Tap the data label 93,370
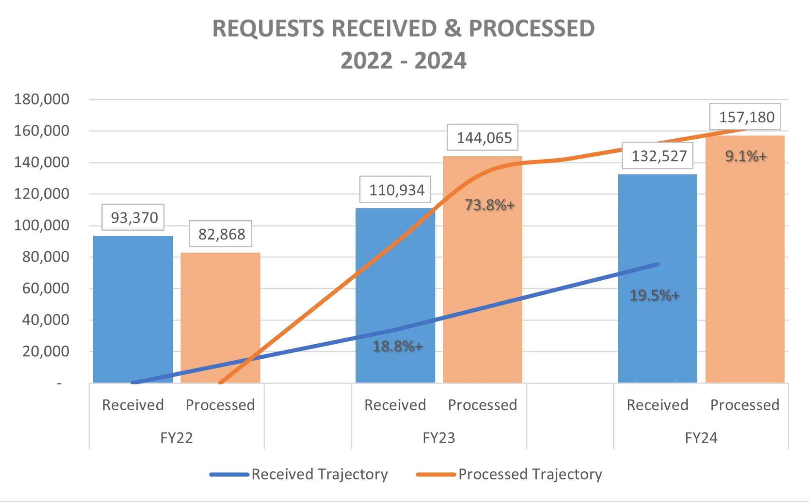[x=133, y=218]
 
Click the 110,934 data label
[x=396, y=190]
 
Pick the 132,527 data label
[x=659, y=156]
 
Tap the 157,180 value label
[x=746, y=117]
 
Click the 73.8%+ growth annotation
[x=489, y=205]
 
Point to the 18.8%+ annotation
[x=397, y=346]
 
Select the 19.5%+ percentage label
[x=654, y=295]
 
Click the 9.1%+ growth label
[x=745, y=156]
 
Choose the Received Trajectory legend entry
[x=299, y=474]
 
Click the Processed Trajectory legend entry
[x=509, y=474]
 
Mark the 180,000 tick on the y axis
[x=42, y=99]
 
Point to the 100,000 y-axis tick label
[x=42, y=225]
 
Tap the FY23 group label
[x=439, y=438]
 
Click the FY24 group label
[x=701, y=438]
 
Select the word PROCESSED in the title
[x=532, y=29]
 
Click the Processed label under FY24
[x=745, y=405]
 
